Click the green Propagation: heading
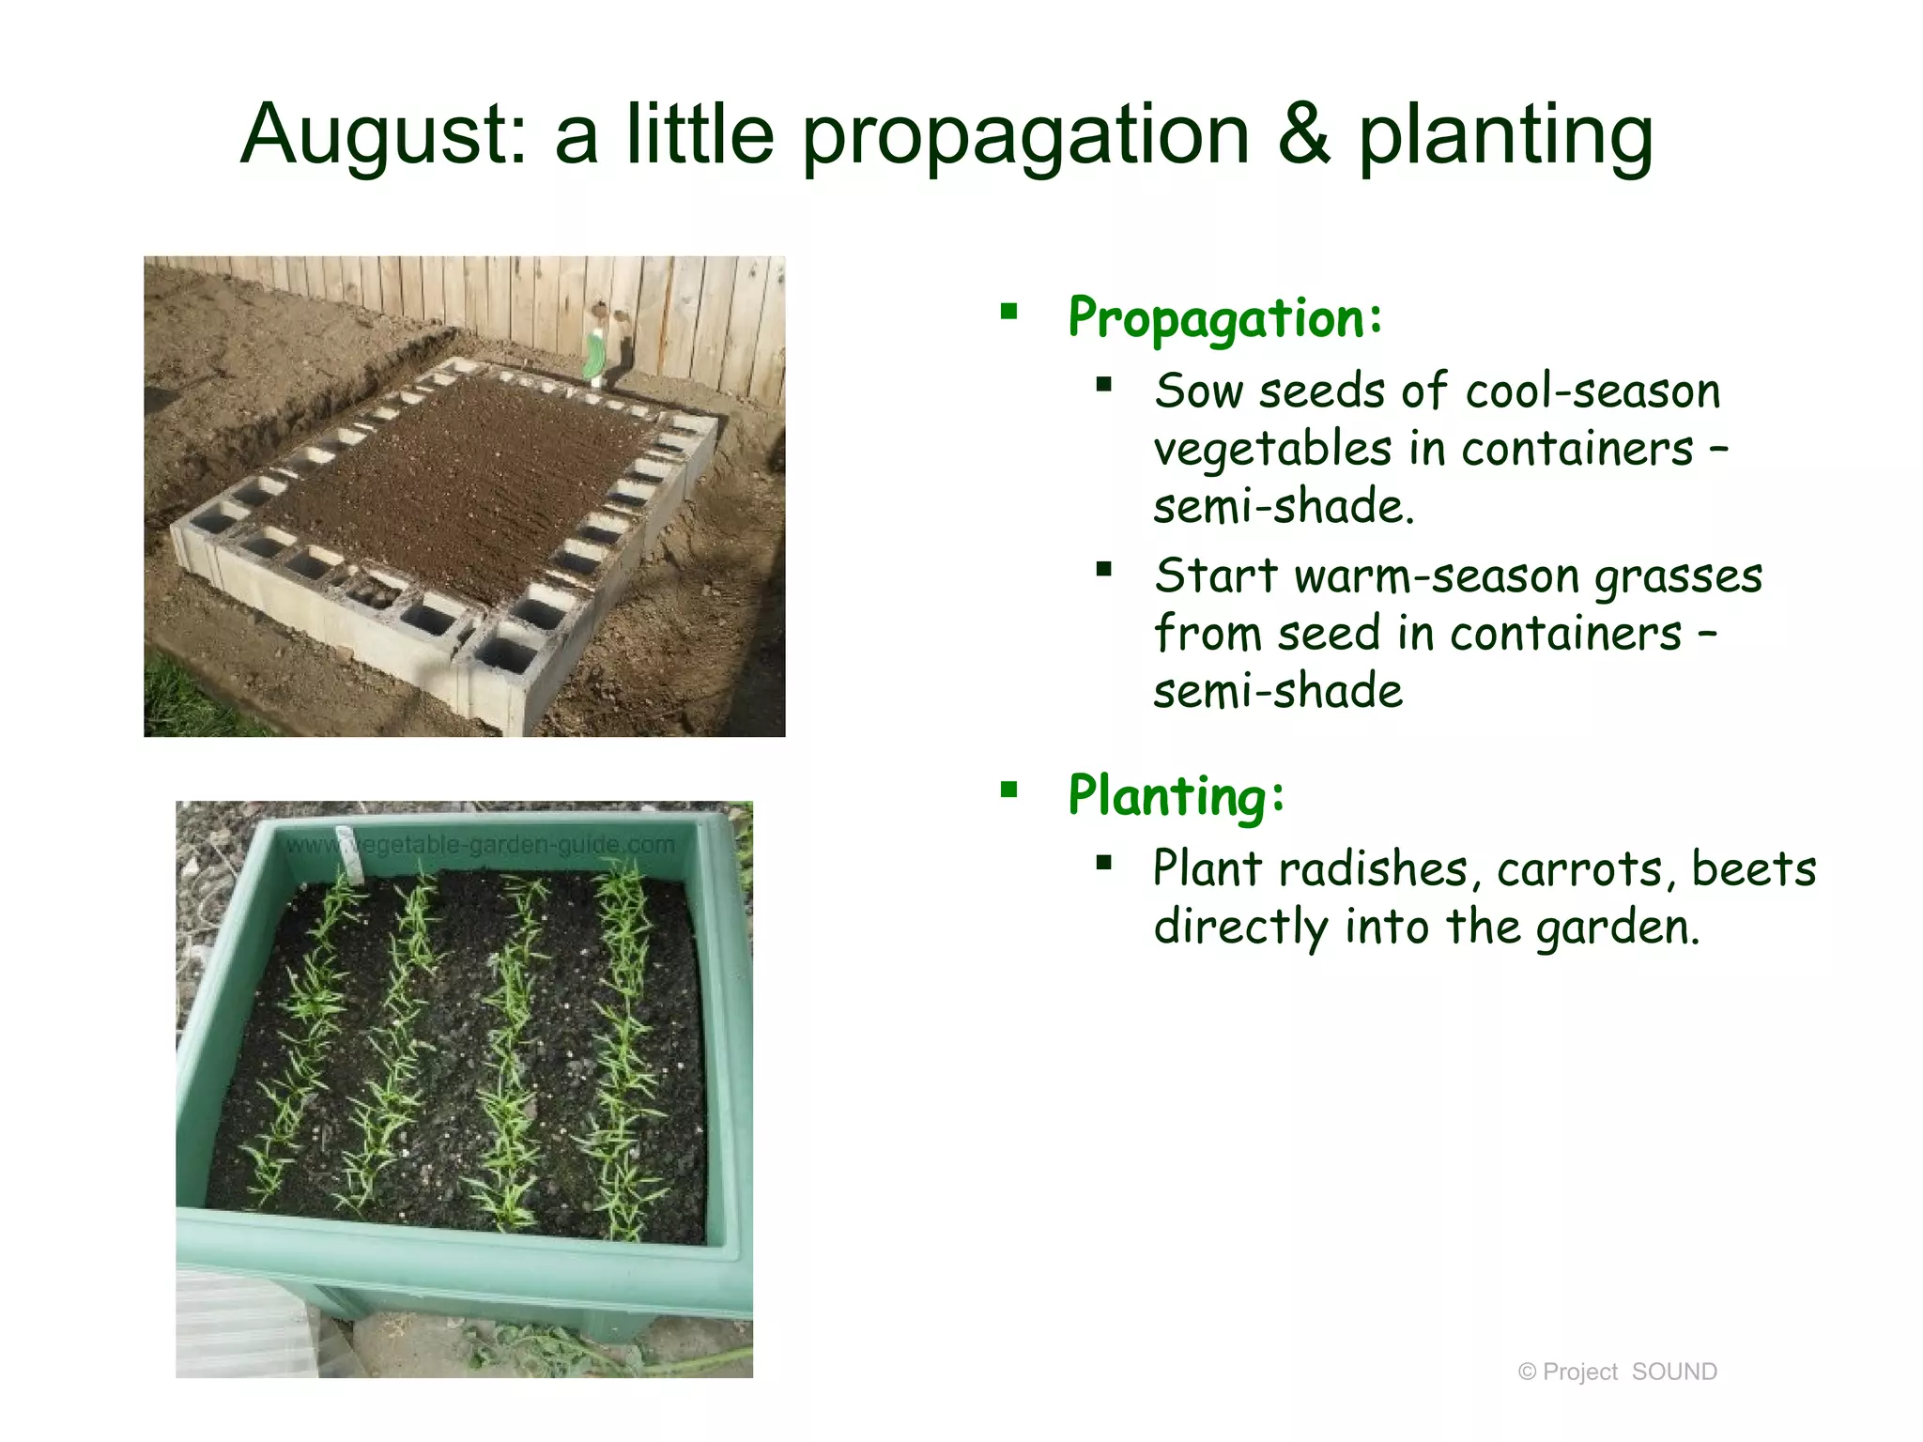pos(1224,319)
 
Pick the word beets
pos(1753,869)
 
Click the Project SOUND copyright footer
pos(1617,1372)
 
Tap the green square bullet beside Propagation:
pos(1009,312)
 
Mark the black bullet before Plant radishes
pos(1104,861)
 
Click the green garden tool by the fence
pos(594,357)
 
